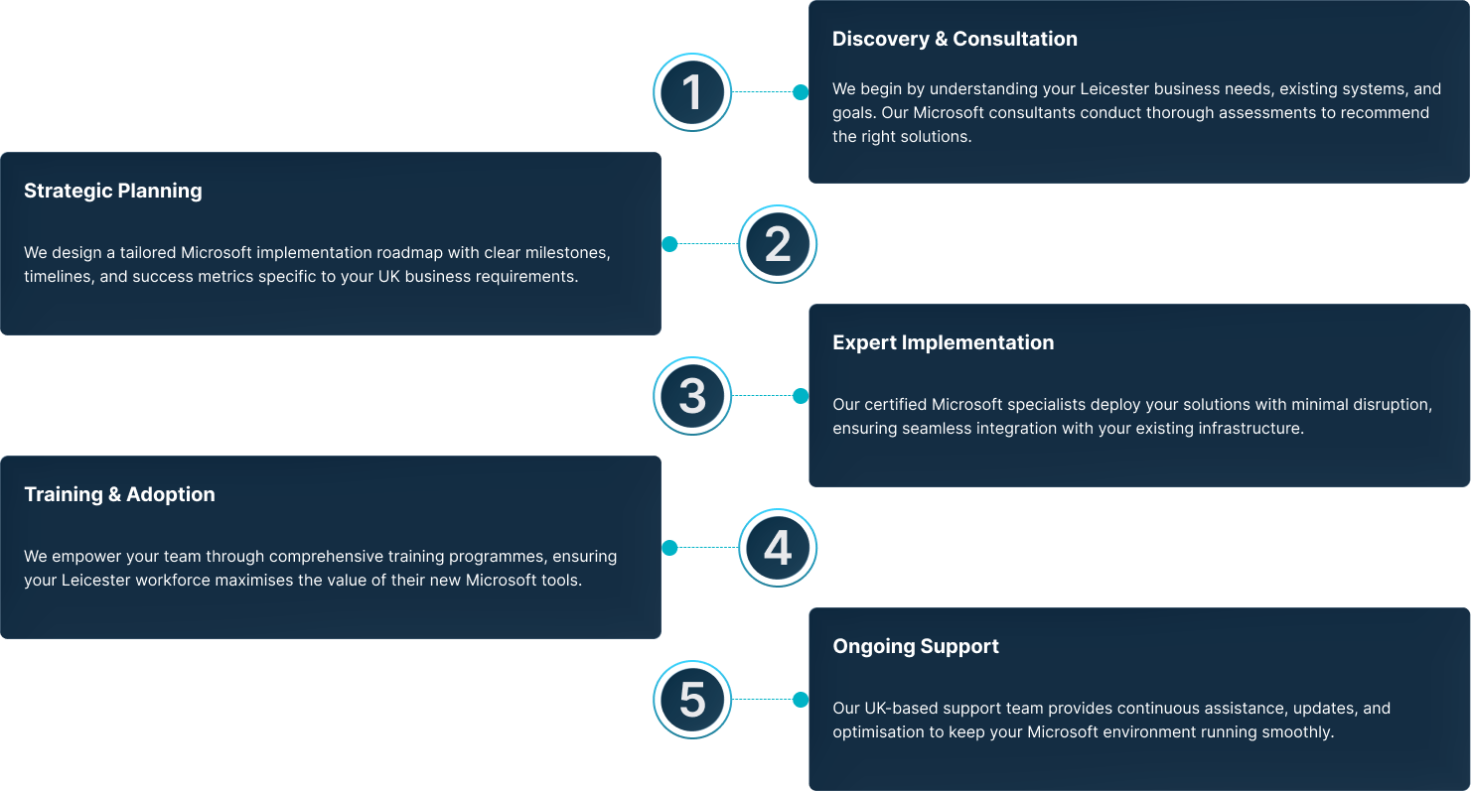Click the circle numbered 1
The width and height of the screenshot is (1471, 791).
[692, 92]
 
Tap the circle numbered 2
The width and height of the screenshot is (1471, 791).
[778, 244]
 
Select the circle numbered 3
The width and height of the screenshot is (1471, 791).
[692, 396]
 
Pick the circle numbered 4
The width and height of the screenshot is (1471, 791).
[778, 548]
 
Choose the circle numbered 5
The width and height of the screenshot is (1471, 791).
[692, 700]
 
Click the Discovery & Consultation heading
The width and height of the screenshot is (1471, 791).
[955, 39]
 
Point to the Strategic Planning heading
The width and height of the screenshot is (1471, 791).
[113, 191]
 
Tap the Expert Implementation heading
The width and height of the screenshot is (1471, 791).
[943, 342]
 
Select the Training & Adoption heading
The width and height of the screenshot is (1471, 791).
[119, 494]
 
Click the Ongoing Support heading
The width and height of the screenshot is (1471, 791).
[916, 646]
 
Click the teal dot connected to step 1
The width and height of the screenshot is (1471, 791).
[801, 92]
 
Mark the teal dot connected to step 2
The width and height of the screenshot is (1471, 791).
[669, 244]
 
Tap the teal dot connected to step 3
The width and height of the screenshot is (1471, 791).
[801, 396]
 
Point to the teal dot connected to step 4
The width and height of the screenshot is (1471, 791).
[669, 548]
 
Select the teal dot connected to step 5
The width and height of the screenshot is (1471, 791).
[801, 700]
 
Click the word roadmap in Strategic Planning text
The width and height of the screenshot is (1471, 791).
[409, 253]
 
